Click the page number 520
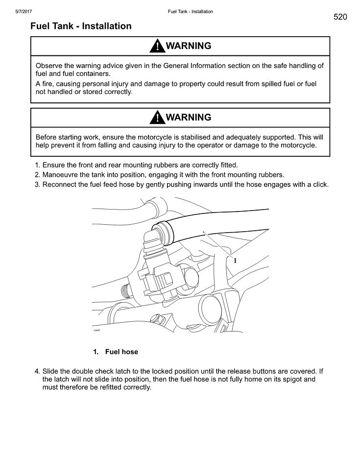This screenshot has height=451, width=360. pos(340,17)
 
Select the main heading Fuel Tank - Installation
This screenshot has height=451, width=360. pos(81,26)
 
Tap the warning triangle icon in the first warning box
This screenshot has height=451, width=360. pos(157,47)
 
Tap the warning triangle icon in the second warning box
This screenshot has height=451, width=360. pos(157,118)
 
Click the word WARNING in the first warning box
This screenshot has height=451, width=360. pos(189,46)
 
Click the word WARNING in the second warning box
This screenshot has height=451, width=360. pos(189,118)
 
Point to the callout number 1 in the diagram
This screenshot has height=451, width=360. pos(235,261)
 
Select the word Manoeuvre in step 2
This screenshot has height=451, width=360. pos(60,175)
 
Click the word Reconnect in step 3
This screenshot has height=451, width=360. pos(60,185)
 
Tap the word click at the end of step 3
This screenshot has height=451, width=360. pos(319,185)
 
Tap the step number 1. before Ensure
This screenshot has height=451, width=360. pos(37,165)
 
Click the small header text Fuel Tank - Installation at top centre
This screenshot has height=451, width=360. pos(190,12)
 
